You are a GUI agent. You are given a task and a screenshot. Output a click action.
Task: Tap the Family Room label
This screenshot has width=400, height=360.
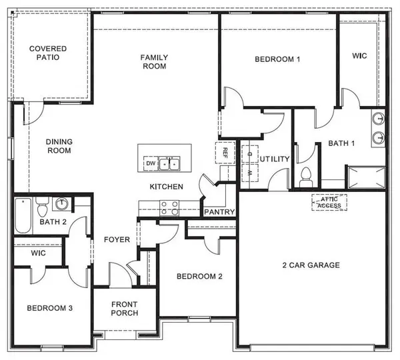pos(153,61)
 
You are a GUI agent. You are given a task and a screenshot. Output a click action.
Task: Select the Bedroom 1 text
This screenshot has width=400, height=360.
pos(277,59)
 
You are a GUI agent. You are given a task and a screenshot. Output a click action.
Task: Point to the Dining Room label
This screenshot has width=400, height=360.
pos(59,145)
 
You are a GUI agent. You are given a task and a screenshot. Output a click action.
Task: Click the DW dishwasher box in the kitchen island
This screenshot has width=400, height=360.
pos(150,163)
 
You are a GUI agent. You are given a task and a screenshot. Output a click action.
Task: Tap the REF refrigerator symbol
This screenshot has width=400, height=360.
pos(225,153)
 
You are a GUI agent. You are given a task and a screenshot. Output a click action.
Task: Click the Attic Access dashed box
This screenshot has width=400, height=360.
pos(329,202)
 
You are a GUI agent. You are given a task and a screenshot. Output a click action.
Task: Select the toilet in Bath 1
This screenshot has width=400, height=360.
pos(306,177)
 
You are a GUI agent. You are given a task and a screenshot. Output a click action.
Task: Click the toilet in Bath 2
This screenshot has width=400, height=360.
pos(41,203)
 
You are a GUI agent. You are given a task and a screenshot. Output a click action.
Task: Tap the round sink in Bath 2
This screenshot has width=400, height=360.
pos(62,203)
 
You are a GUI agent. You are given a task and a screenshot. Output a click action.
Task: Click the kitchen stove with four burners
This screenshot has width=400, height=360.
pos(169,209)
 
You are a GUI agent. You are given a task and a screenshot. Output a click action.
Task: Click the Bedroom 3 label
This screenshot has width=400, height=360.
pos(49,308)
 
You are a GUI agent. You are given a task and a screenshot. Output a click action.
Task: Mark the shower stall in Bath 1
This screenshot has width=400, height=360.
pos(365,177)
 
